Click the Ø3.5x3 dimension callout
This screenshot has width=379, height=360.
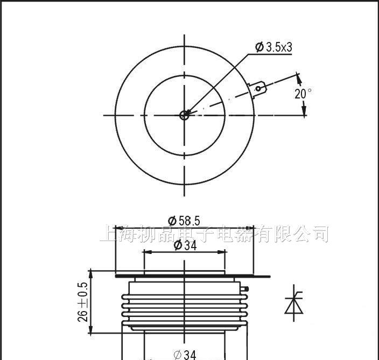(x=273, y=47)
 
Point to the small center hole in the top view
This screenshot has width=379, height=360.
(x=185, y=115)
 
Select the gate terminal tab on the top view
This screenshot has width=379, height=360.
(x=259, y=88)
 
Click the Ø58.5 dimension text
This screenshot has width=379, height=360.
(x=184, y=220)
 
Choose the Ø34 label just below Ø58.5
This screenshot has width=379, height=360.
(x=185, y=245)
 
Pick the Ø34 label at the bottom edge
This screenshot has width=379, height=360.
(x=185, y=354)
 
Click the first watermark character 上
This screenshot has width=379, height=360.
(x=108, y=234)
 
